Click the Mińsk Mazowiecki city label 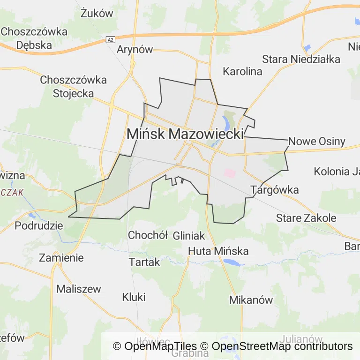(x=185, y=134)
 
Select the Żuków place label (x=97, y=13)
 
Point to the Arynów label (x=135, y=50)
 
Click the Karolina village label (x=242, y=72)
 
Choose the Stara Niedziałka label (x=301, y=59)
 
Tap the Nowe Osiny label (x=317, y=141)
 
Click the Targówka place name (x=275, y=190)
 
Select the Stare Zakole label (x=306, y=218)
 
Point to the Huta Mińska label (x=218, y=251)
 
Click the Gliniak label (x=189, y=235)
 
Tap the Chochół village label (x=148, y=235)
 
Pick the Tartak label (x=145, y=262)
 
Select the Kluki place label (x=134, y=297)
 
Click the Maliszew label (x=78, y=289)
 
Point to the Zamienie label (x=61, y=257)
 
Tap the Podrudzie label (x=39, y=225)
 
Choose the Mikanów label (x=251, y=300)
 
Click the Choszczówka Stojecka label (x=74, y=86)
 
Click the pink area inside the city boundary (x=229, y=173)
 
